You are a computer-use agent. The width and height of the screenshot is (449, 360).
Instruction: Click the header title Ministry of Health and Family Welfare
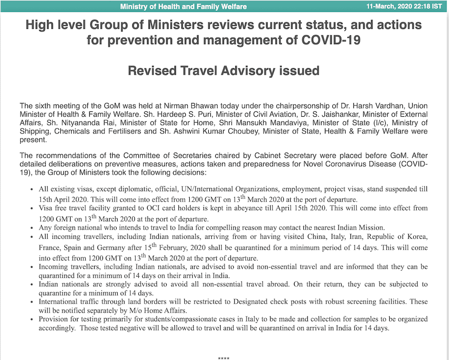tap(183, 6)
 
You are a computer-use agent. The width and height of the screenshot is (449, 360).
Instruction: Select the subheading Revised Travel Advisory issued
tap(224, 71)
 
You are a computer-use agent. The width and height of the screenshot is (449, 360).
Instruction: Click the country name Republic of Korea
tap(399, 237)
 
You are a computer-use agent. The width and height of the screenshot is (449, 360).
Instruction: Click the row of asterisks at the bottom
tap(224, 358)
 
